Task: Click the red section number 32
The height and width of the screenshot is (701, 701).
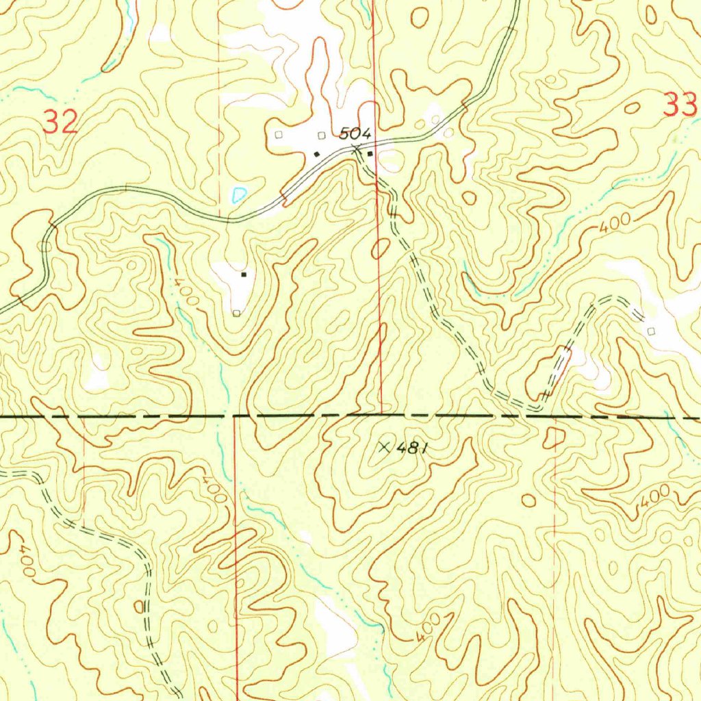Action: (x=60, y=123)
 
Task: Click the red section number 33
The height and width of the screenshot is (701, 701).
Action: (x=680, y=105)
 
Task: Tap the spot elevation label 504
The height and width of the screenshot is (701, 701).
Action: (x=356, y=133)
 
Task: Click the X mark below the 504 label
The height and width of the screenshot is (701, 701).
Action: (x=356, y=149)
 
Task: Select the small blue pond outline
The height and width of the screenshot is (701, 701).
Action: (x=238, y=194)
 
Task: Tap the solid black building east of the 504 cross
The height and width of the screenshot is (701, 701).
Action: (x=370, y=153)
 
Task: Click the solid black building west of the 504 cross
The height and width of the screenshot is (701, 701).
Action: (x=316, y=154)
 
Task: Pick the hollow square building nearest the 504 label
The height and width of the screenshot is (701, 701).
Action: (x=320, y=135)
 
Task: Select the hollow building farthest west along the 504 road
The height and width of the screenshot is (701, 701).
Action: (x=278, y=135)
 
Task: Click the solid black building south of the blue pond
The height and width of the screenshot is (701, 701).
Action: (x=243, y=275)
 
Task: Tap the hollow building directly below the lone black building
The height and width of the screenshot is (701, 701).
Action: (x=236, y=314)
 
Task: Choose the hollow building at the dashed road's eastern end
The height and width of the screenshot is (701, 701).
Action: (x=650, y=331)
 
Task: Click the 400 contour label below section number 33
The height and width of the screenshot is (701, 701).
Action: (x=613, y=226)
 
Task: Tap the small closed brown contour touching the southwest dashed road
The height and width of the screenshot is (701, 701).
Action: (x=140, y=607)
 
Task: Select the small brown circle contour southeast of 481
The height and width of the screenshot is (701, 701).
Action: (x=528, y=501)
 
